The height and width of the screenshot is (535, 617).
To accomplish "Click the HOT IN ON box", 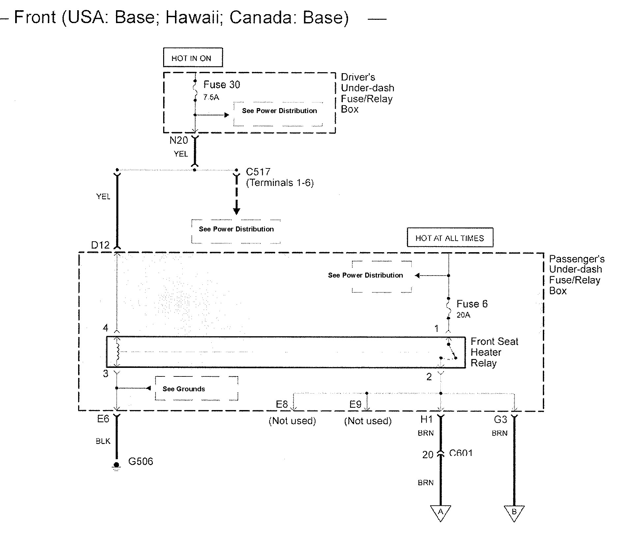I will (193, 58).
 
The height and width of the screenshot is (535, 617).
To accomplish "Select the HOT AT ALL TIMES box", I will (450, 237).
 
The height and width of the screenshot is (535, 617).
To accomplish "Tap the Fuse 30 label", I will (221, 85).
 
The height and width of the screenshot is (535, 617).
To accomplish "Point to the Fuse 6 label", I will (472, 304).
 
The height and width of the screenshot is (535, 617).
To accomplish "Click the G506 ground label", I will (140, 461).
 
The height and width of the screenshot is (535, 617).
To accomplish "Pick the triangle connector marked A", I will (440, 513).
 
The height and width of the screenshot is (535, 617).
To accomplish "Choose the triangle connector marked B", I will (514, 513).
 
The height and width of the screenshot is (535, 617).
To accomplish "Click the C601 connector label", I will (461, 453).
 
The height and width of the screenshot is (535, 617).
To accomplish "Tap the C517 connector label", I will (258, 172).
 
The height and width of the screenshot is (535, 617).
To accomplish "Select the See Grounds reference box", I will (196, 389).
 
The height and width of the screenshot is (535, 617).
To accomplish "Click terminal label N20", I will (179, 140).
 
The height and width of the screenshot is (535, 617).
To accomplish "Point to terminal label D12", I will (100, 245).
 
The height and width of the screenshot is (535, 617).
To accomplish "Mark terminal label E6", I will (103, 419).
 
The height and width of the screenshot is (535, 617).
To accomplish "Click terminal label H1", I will (426, 419).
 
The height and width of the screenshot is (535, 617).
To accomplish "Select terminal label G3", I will (500, 419).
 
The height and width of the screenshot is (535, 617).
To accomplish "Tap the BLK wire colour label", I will (103, 441).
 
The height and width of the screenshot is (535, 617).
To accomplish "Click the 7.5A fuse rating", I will (211, 97).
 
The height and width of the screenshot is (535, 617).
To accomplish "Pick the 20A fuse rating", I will (463, 315).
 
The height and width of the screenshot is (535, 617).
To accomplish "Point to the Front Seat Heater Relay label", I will (494, 352).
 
